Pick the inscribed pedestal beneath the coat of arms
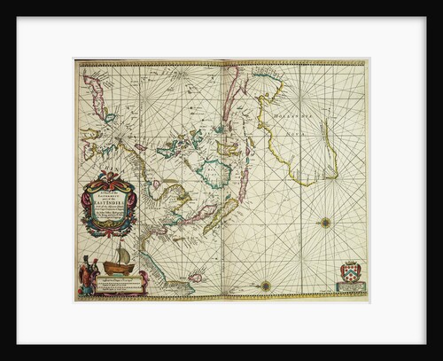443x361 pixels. [353, 287]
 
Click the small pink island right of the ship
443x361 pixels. [197, 277]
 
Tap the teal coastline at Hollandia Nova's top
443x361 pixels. [266, 90]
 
